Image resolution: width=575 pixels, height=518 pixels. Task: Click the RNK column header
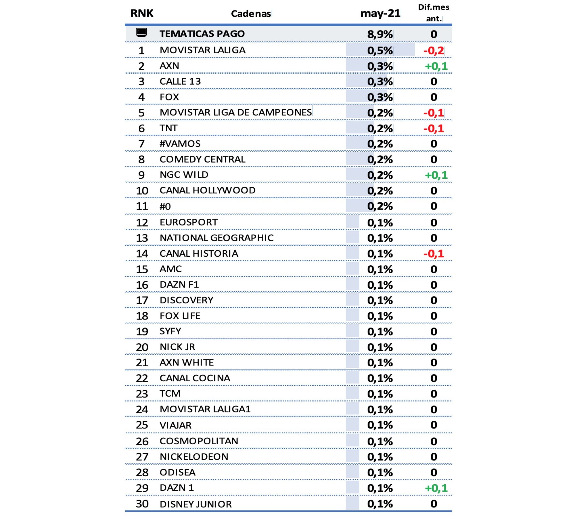tap(142, 13)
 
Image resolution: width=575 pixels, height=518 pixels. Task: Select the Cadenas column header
tap(251, 14)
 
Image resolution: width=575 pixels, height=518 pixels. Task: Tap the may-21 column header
tap(380, 13)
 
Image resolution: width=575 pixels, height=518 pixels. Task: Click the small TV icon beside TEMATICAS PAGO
tap(141, 33)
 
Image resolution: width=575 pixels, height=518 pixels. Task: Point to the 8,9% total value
tap(380, 34)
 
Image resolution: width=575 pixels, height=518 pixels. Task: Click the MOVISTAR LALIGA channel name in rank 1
tap(202, 50)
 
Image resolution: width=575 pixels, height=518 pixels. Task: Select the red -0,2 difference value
tap(434, 51)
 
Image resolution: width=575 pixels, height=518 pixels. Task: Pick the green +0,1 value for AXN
tap(436, 66)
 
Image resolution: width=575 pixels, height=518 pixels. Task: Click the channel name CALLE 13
tap(180, 81)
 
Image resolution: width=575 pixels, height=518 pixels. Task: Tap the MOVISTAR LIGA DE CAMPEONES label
tap(236, 112)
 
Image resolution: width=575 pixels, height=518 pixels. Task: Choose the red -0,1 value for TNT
tap(434, 128)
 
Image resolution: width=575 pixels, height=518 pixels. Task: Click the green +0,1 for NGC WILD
tap(436, 175)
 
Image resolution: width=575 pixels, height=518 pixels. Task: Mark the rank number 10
tap(142, 191)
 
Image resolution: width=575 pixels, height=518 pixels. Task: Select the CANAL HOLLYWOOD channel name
tap(207, 190)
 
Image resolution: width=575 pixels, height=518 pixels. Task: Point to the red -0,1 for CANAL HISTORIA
tap(434, 254)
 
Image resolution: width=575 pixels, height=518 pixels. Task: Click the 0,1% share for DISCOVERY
tap(380, 300)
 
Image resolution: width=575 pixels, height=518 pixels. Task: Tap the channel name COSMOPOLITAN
tap(199, 441)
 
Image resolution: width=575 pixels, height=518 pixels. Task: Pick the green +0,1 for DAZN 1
tap(436, 488)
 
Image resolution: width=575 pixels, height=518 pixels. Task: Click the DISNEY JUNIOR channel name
tap(195, 504)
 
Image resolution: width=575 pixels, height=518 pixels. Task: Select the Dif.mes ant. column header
tap(434, 13)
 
